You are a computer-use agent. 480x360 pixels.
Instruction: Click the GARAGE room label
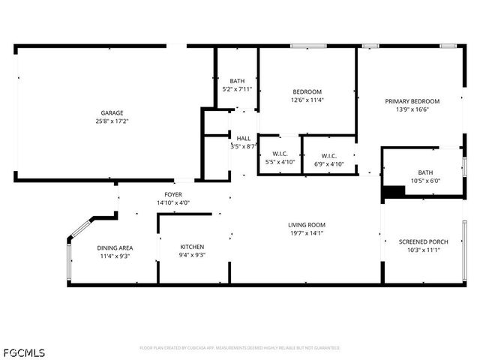click(112, 112)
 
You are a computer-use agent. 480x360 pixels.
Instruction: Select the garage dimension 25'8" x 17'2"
click(112, 121)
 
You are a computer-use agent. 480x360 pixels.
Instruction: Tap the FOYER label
click(174, 193)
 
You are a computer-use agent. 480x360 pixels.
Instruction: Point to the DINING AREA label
click(115, 247)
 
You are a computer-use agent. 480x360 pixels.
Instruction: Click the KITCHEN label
click(192, 247)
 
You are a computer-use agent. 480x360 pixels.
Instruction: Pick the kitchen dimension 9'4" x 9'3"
click(192, 255)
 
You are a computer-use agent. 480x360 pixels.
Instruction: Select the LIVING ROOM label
click(306, 224)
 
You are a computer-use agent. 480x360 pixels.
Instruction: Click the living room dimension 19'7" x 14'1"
click(306, 232)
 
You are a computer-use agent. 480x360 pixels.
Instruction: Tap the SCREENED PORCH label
click(424, 241)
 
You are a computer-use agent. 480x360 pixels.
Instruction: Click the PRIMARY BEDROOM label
click(412, 101)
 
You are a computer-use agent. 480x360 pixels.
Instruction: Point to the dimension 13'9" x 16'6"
click(412, 109)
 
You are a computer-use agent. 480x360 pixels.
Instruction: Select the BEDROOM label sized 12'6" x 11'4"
click(307, 91)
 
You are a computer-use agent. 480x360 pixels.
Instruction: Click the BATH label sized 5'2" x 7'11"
click(237, 81)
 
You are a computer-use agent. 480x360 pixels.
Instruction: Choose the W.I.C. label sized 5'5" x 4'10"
click(280, 154)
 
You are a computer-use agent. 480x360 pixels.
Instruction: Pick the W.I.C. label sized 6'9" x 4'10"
click(328, 154)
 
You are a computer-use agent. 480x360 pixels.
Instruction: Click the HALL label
click(244, 138)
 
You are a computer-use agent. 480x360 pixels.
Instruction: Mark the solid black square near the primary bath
click(393, 192)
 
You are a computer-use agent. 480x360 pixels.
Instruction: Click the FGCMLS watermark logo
click(23, 352)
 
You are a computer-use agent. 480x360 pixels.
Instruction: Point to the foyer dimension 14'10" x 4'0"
click(174, 202)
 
